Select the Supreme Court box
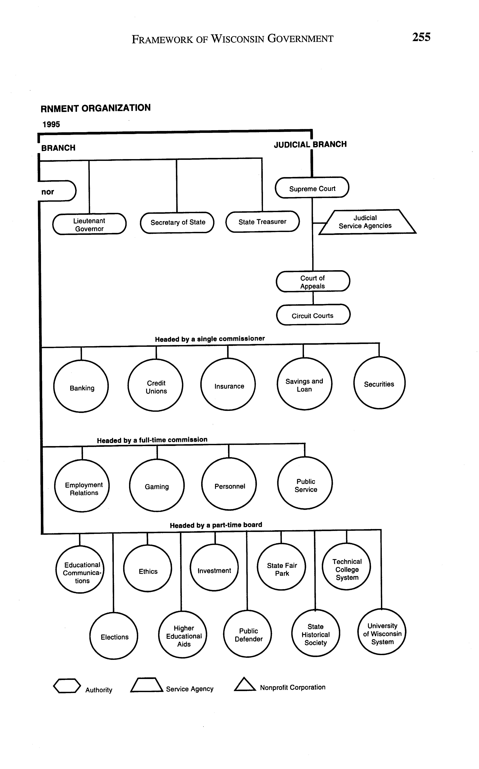(312, 188)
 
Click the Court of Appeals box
(313, 282)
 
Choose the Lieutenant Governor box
(89, 224)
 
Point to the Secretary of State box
(177, 222)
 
